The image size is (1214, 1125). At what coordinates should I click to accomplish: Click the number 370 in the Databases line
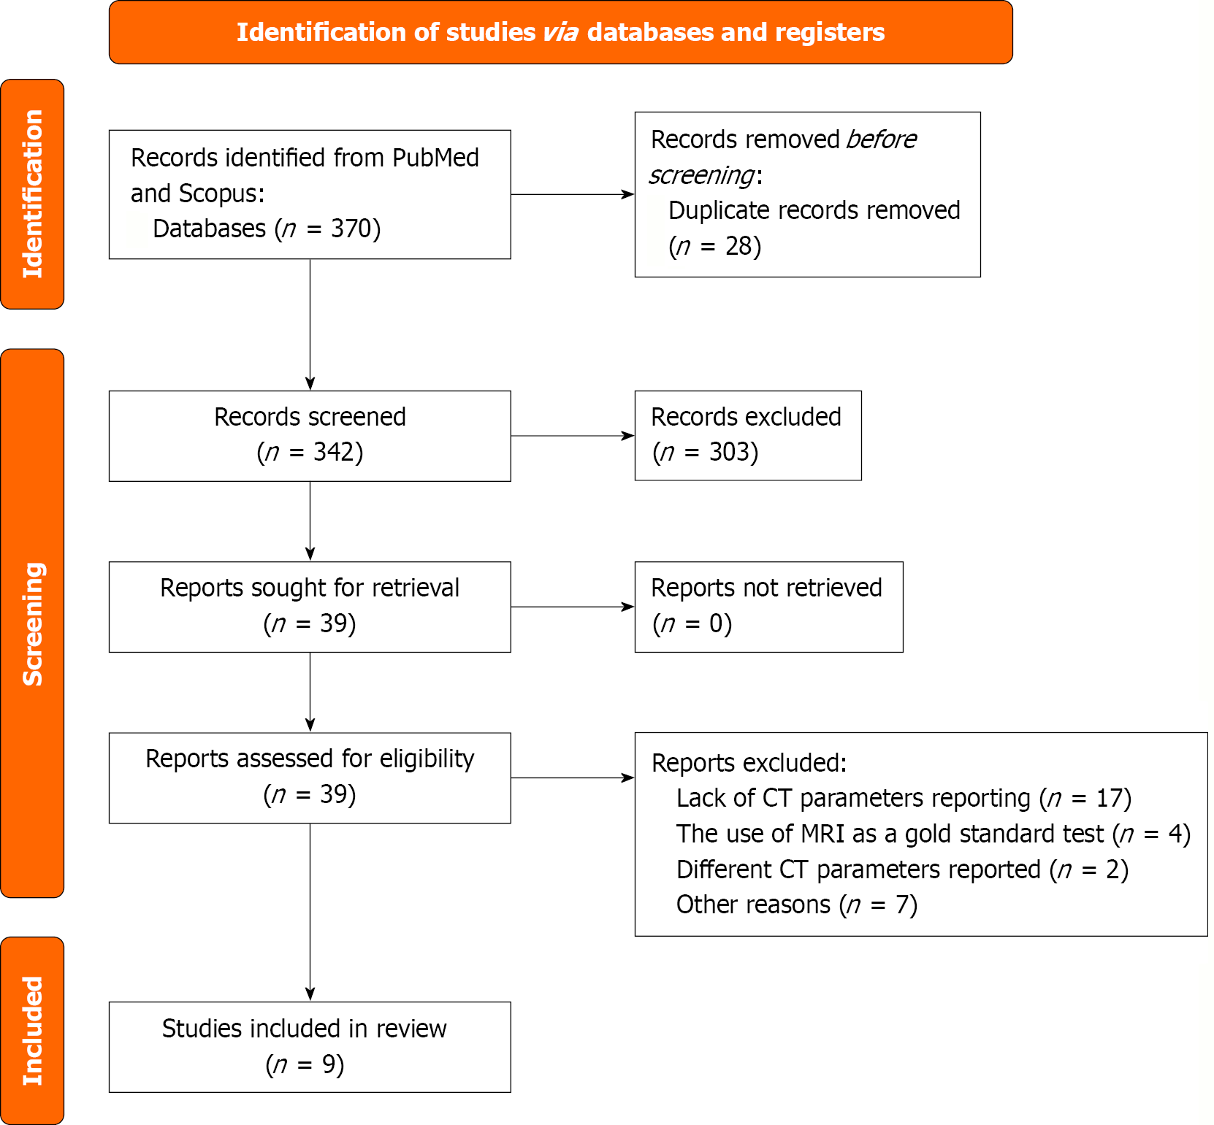[x=351, y=229]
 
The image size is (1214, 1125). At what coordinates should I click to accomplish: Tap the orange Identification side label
[x=33, y=194]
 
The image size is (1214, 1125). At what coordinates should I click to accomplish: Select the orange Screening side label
[x=33, y=623]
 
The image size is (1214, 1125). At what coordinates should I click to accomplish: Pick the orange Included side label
[x=33, y=1030]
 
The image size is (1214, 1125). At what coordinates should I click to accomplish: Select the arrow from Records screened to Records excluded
[x=572, y=436]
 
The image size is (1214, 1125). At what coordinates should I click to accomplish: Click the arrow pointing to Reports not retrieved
[x=572, y=607]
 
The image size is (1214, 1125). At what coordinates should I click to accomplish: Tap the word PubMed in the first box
[x=435, y=158]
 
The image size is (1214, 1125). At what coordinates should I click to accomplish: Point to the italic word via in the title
[x=560, y=33]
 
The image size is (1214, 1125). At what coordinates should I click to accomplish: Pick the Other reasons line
[x=796, y=905]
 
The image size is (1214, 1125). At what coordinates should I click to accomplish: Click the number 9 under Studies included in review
[x=329, y=1065]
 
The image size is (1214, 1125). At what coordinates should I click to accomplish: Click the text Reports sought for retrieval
[x=310, y=588]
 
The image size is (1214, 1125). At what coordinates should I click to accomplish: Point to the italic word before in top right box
[x=881, y=140]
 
